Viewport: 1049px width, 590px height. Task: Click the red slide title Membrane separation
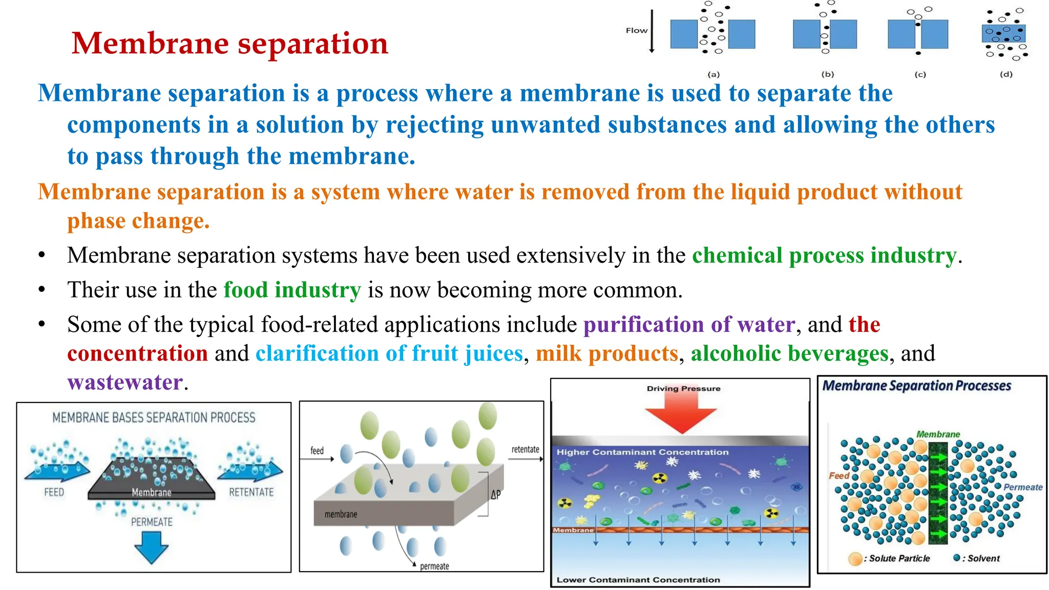[x=230, y=43]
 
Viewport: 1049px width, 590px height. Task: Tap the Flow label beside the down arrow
[x=636, y=31]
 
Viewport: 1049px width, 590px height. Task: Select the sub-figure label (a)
[x=714, y=74]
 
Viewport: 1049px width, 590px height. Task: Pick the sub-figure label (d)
[x=1006, y=74]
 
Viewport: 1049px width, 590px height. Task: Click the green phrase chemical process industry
[x=824, y=255]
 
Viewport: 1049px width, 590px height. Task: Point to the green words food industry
[x=292, y=290]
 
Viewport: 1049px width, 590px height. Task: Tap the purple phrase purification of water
[x=689, y=325]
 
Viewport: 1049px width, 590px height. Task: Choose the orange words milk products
[x=607, y=353]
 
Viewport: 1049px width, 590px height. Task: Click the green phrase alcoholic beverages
[x=789, y=353]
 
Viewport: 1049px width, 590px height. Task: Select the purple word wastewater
[x=125, y=383]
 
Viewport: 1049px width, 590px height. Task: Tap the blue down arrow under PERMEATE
[x=151, y=547]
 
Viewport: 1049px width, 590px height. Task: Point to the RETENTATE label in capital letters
[x=251, y=493]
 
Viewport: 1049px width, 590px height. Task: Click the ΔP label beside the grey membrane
[x=495, y=495]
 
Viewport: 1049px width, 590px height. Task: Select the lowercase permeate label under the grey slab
[x=434, y=566]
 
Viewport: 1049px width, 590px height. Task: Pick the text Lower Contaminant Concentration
[x=638, y=580]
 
